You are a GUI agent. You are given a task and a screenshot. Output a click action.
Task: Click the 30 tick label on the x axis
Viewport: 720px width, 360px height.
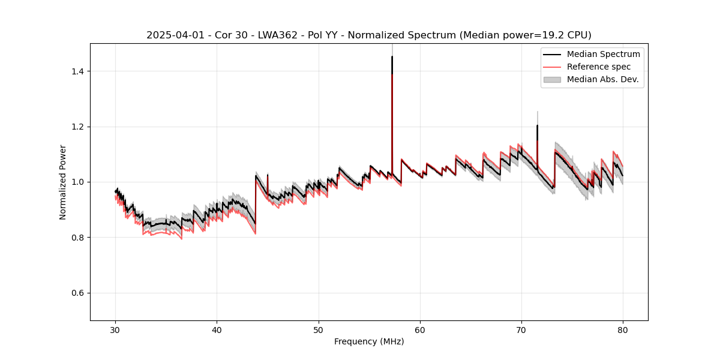[x=115, y=329]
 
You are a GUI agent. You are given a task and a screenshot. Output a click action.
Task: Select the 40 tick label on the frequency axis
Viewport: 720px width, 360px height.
[x=217, y=329]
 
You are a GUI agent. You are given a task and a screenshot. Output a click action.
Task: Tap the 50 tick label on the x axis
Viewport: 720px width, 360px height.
[x=318, y=329]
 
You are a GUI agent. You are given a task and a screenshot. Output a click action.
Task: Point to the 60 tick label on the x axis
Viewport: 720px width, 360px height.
[x=419, y=329]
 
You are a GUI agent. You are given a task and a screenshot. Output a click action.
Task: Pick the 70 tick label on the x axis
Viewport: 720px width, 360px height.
[x=521, y=329]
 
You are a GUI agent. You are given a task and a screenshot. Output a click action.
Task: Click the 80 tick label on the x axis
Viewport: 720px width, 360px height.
[x=622, y=329]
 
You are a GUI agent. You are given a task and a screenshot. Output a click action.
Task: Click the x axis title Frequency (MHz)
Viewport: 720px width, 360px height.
[x=369, y=341]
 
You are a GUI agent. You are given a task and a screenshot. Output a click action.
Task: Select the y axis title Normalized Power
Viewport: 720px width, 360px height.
[x=63, y=182]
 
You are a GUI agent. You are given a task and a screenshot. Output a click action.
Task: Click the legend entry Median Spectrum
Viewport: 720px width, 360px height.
[x=603, y=54]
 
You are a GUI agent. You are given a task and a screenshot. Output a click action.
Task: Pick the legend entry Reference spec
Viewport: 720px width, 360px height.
[x=599, y=67]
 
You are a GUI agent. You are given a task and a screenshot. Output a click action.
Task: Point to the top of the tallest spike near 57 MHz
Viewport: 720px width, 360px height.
[x=392, y=56]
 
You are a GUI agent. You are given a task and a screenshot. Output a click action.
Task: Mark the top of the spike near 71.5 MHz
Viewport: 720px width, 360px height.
[x=537, y=125]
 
